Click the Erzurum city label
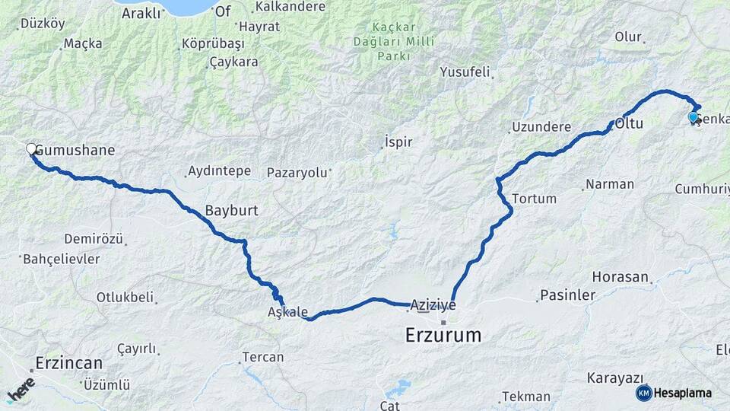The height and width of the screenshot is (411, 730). coord(443,334)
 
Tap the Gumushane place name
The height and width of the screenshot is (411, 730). coord(75,150)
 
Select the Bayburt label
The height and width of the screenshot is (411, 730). coord(232,209)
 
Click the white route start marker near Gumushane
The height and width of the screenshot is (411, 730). coord(32,149)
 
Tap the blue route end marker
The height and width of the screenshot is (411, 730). coord(693,116)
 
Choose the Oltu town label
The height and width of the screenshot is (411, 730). coord(629,122)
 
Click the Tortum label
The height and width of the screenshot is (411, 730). coord(535,199)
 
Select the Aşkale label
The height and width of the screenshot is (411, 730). coord(288,312)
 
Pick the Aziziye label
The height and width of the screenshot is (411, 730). coord(433,304)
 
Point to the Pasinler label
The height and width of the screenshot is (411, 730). coord(567,295)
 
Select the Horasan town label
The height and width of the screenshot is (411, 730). coord(620,278)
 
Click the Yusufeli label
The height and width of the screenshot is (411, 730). coord(465,72)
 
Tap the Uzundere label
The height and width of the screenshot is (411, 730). coord(541,126)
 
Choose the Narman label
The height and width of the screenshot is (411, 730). coord(610,184)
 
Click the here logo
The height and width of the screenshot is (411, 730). coord(21,390)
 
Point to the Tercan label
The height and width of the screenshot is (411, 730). coord(262,357)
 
